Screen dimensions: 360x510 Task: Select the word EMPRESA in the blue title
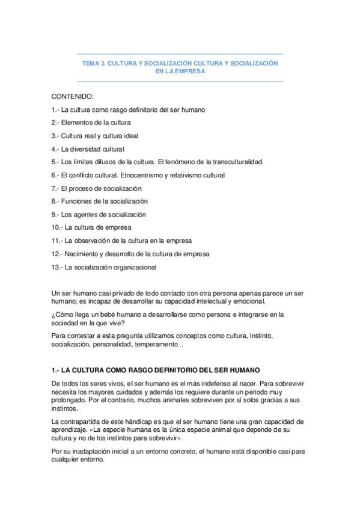190,71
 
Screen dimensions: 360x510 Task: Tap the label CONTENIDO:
72,97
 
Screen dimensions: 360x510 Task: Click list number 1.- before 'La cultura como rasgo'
55,110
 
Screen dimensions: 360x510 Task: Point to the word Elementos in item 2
76,123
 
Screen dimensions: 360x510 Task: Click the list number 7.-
55,188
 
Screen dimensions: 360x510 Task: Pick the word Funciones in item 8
76,201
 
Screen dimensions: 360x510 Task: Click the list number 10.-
57,227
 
